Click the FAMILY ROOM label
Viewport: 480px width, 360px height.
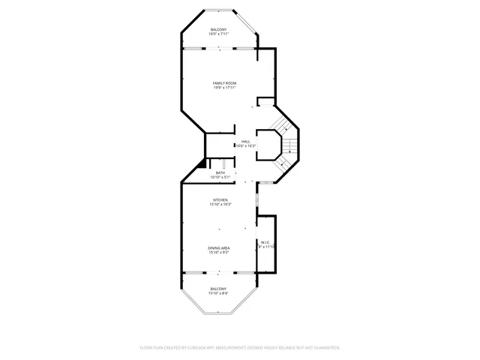[224, 82]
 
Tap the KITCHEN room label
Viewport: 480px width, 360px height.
[220, 199]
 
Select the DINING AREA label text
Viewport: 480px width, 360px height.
[219, 247]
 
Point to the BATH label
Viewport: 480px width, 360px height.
[220, 172]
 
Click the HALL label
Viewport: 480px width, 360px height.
[245, 140]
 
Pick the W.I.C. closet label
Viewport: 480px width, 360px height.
[265, 241]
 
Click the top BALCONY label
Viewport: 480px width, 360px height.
[218, 29]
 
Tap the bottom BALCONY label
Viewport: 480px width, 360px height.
[218, 289]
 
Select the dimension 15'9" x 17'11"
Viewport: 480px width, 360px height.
[224, 88]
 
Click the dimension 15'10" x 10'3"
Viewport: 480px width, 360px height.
[220, 205]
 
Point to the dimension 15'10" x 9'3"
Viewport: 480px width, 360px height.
[219, 253]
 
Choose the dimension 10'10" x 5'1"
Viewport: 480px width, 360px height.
[220, 178]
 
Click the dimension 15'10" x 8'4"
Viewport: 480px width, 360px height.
[218, 293]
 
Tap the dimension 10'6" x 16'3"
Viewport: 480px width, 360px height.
[246, 145]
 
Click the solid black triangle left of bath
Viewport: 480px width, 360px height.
[201, 164]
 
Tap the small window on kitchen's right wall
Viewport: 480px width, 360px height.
[257, 200]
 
